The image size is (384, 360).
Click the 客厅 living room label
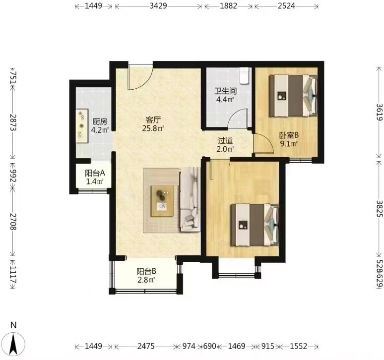(153, 120)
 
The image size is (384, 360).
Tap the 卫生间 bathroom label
(225, 91)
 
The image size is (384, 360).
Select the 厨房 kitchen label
(100, 121)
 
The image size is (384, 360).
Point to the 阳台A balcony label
(95, 173)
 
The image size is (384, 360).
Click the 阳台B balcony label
(146, 271)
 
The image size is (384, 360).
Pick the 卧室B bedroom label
(289, 135)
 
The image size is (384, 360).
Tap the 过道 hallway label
(225, 140)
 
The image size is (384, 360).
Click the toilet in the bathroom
(245, 76)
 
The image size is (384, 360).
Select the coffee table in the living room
(162, 201)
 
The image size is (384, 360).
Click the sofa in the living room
(191, 199)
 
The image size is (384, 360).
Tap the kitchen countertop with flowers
(82, 126)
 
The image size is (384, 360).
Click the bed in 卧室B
(293, 95)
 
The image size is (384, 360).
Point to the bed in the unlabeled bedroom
(255, 225)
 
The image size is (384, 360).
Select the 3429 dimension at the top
(158, 6)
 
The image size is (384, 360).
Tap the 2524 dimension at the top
(286, 6)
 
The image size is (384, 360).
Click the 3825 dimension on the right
(379, 208)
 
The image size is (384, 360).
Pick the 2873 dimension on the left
(13, 122)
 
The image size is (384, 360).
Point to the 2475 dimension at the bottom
(146, 346)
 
